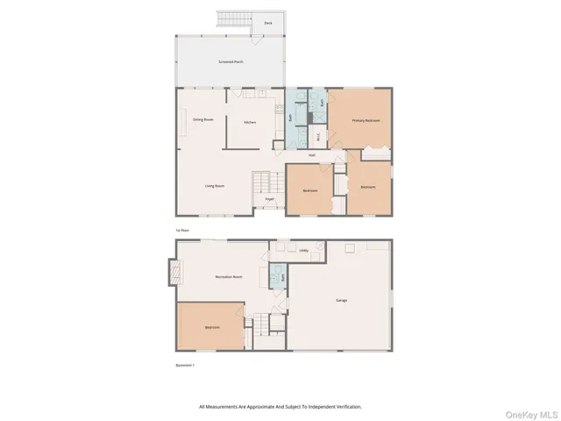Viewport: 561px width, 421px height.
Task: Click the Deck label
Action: (x=268, y=24)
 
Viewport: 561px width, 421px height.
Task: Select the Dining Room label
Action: (x=203, y=119)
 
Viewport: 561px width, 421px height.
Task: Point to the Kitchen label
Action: (x=249, y=122)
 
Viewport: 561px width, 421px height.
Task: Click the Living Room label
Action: (x=215, y=186)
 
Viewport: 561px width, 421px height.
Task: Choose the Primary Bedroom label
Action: (x=366, y=120)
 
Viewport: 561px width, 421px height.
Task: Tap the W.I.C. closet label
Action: (x=317, y=137)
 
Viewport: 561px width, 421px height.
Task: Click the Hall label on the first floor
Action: (x=311, y=155)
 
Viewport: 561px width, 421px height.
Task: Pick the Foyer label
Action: (x=270, y=199)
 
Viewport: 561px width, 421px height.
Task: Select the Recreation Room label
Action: (x=229, y=276)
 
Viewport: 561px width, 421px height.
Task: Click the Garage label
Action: (x=341, y=301)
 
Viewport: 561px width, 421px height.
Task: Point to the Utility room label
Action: (x=303, y=251)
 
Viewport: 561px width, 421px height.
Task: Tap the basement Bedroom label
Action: (x=212, y=327)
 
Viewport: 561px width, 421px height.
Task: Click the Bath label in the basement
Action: (x=284, y=276)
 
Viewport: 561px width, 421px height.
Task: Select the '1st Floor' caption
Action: (x=182, y=230)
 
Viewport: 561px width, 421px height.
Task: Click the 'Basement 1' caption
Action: (x=184, y=365)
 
